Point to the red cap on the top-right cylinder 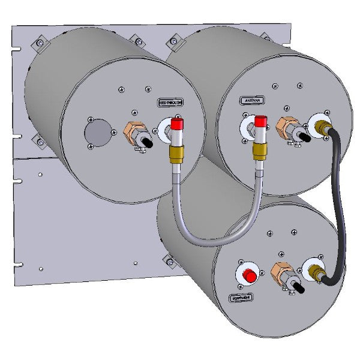[260, 122]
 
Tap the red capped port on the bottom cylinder [247, 276]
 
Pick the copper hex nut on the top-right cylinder [284, 127]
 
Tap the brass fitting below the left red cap [176, 154]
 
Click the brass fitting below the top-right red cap [259, 151]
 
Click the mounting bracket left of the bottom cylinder [167, 259]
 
